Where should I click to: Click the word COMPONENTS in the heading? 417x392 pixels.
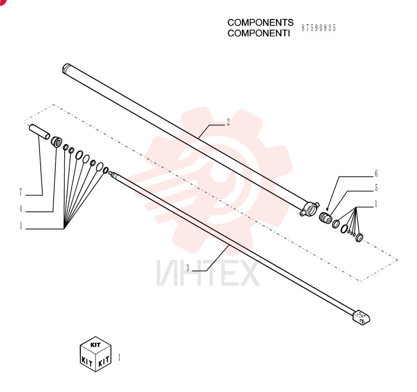click(x=260, y=23)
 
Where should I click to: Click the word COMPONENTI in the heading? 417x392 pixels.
click(x=259, y=33)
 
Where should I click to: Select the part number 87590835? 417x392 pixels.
click(x=319, y=28)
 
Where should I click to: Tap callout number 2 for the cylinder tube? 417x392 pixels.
click(x=228, y=122)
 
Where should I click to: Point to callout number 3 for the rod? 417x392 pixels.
click(x=188, y=268)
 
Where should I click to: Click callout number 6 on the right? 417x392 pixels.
click(x=376, y=173)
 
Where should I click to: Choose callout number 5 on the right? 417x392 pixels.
click(x=376, y=188)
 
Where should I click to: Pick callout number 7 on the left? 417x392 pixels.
click(x=21, y=192)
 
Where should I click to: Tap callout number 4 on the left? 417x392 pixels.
click(x=21, y=209)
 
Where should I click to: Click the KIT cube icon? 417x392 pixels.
click(x=95, y=354)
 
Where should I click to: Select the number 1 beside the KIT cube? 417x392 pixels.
click(x=119, y=357)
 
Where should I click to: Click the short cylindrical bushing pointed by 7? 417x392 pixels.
click(x=39, y=132)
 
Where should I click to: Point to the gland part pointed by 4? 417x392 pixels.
click(x=56, y=142)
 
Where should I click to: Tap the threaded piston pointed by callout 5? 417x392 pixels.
click(x=325, y=217)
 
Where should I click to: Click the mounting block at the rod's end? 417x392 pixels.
click(x=362, y=317)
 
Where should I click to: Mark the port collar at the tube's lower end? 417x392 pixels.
click(x=309, y=209)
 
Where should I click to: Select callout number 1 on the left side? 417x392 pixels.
click(x=21, y=226)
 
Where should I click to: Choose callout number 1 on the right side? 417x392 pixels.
click(x=376, y=204)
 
